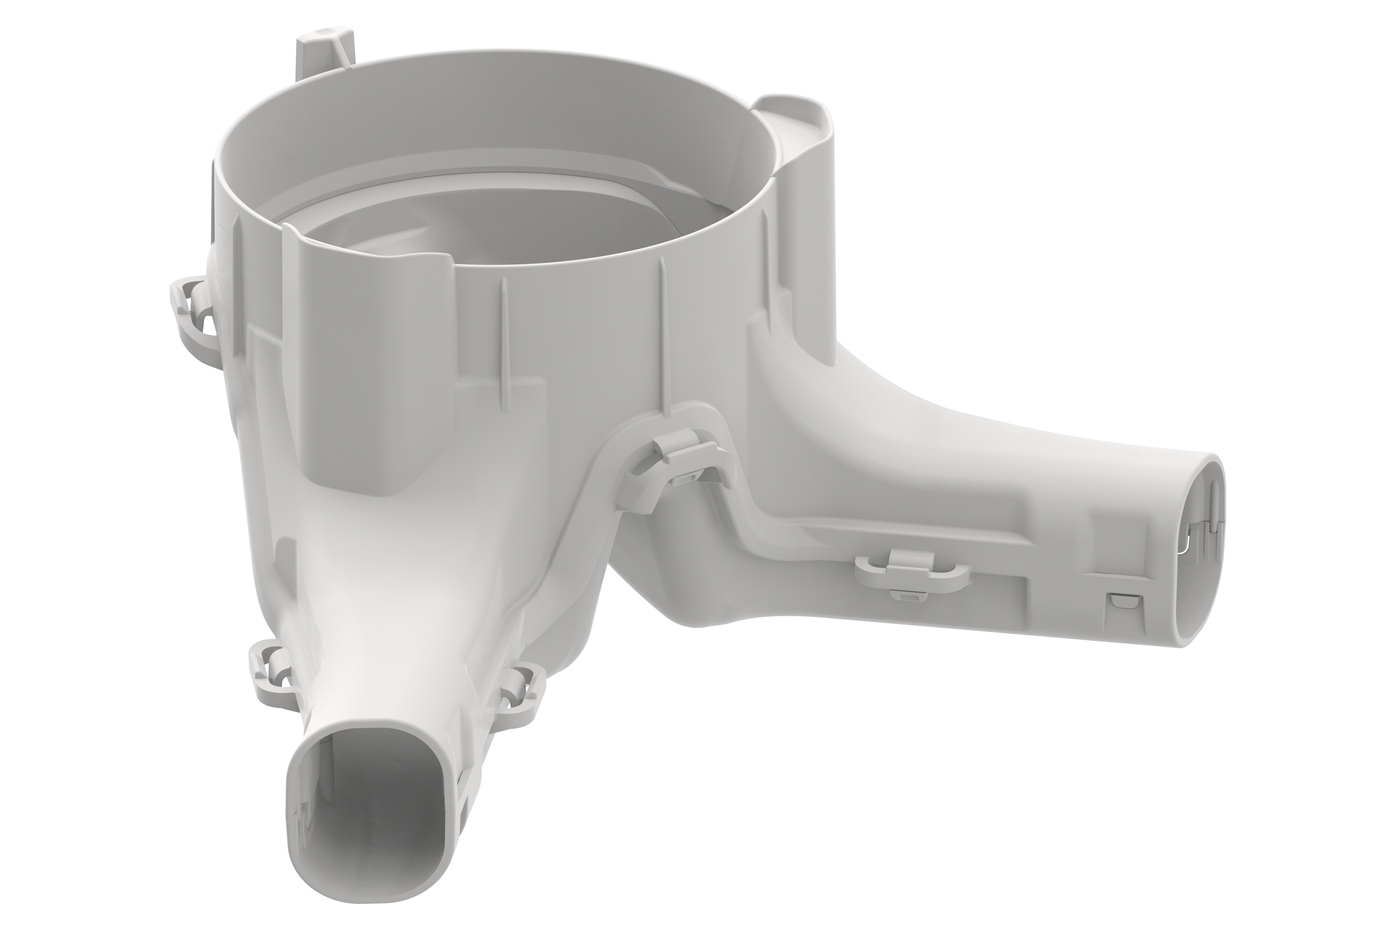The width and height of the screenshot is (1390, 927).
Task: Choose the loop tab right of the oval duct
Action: pos(523,686)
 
